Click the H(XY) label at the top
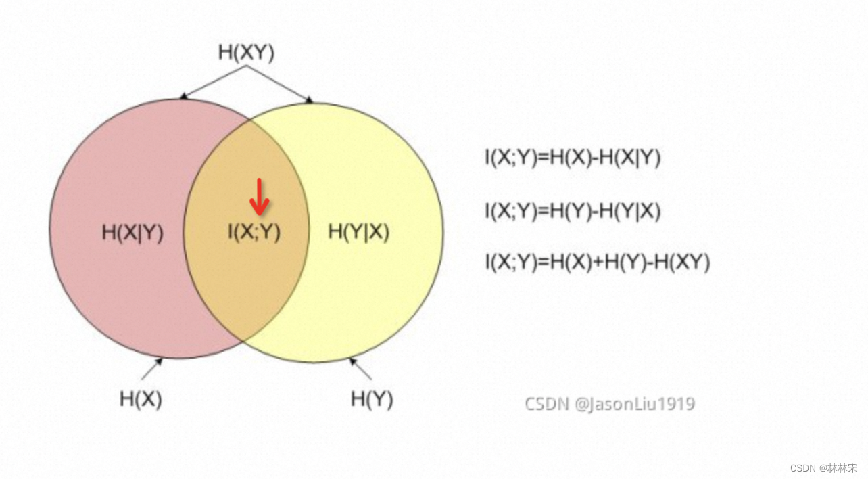pyautogui.click(x=246, y=53)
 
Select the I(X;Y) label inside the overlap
pyautogui.click(x=254, y=232)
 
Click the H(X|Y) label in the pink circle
pyautogui.click(x=132, y=232)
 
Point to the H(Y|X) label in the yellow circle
pyautogui.click(x=359, y=231)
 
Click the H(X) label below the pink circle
pyautogui.click(x=141, y=398)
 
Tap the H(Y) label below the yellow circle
pyautogui.click(x=372, y=398)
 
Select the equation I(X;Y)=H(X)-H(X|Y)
pyautogui.click(x=573, y=158)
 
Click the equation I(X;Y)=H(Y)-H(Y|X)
pyautogui.click(x=573, y=212)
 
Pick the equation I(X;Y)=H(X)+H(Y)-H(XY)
pyautogui.click(x=597, y=262)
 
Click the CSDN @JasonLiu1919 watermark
pyautogui.click(x=610, y=404)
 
